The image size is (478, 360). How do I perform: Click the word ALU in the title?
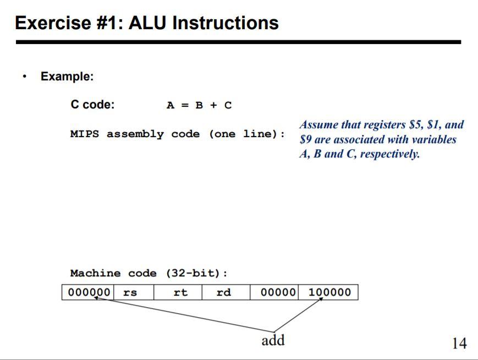(149, 23)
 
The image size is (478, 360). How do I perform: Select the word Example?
(67, 77)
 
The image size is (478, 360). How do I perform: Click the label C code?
(92, 105)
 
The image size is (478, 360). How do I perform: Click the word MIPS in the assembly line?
(85, 134)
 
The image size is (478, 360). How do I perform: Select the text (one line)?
(247, 134)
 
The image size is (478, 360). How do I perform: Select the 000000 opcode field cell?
(88, 292)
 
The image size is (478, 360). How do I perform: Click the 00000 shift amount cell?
(278, 292)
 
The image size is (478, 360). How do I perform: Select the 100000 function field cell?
(329, 292)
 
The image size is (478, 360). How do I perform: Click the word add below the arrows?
(273, 341)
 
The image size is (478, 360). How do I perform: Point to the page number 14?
(459, 343)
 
